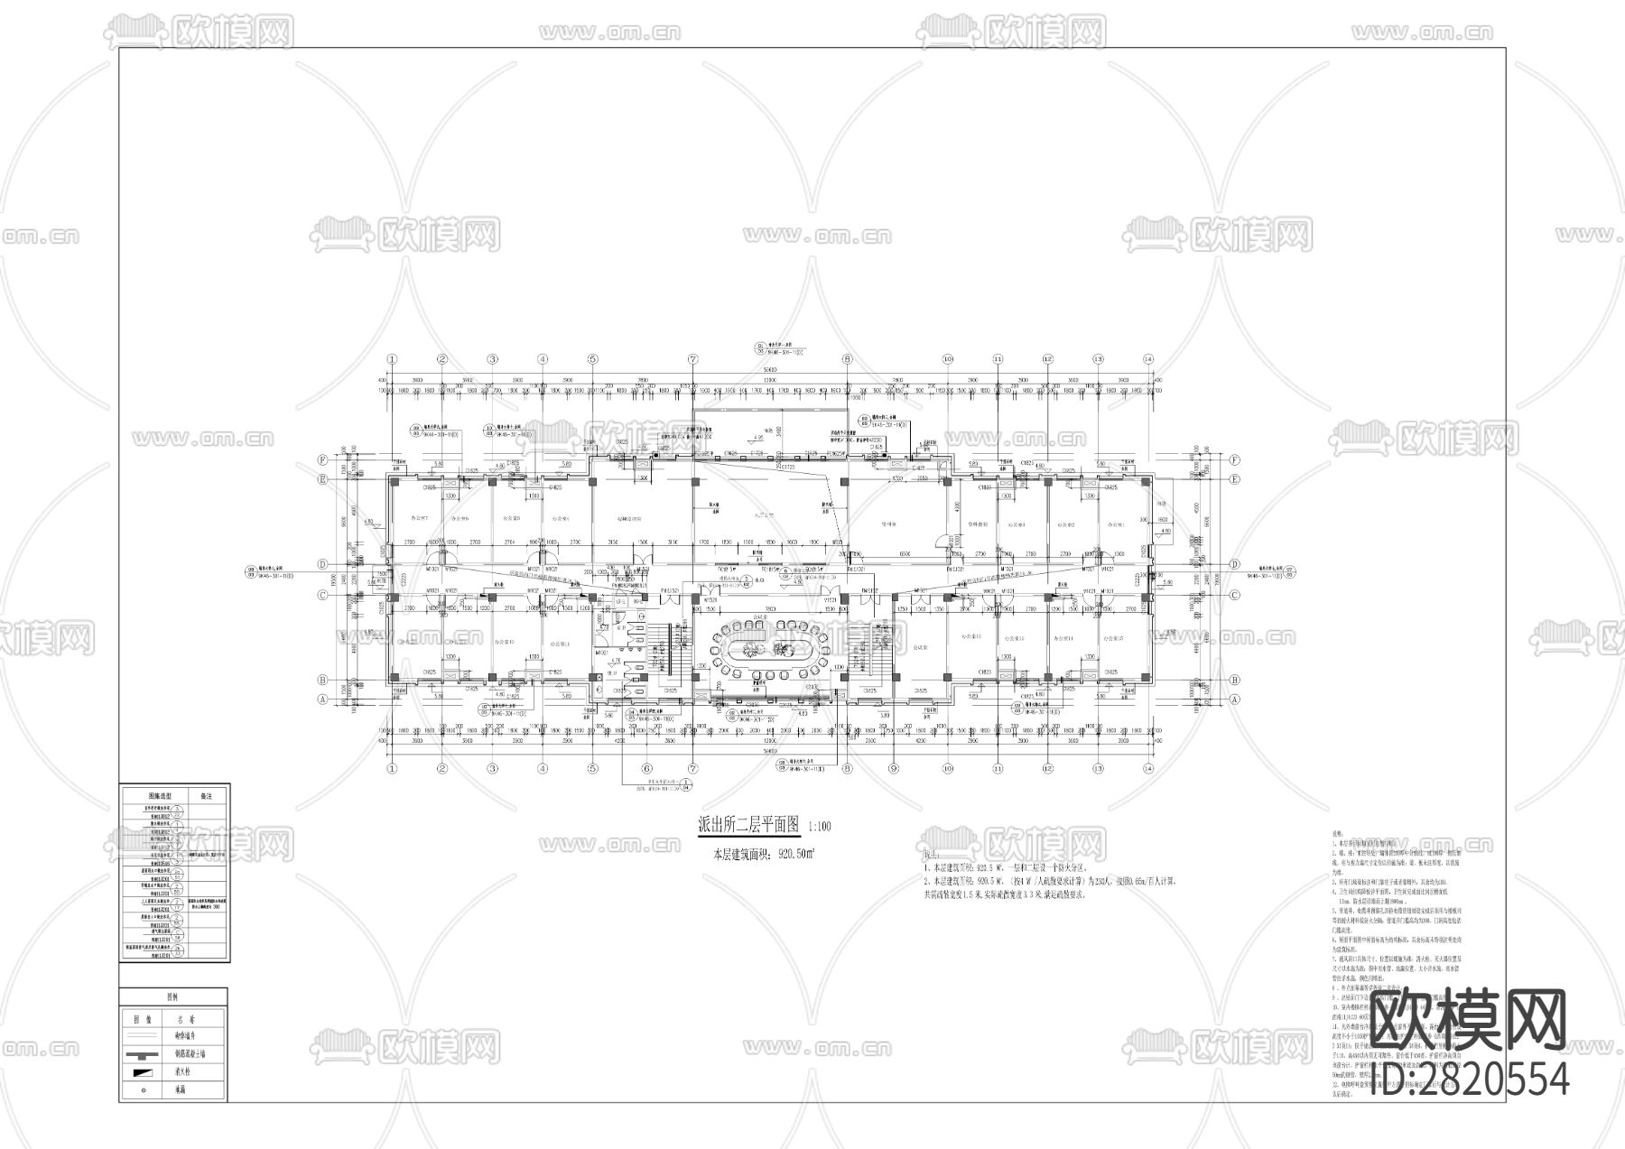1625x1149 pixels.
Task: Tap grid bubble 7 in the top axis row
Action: [x=693, y=359]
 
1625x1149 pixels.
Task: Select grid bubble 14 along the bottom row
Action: [x=1148, y=769]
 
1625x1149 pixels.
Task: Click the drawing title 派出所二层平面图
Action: [x=749, y=825]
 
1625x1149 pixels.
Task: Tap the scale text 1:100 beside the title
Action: [x=820, y=826]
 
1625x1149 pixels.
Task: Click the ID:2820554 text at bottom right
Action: [x=1470, y=1079]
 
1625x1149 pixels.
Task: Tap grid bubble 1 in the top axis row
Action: [x=392, y=359]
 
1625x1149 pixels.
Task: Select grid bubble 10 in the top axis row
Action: [x=948, y=359]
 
